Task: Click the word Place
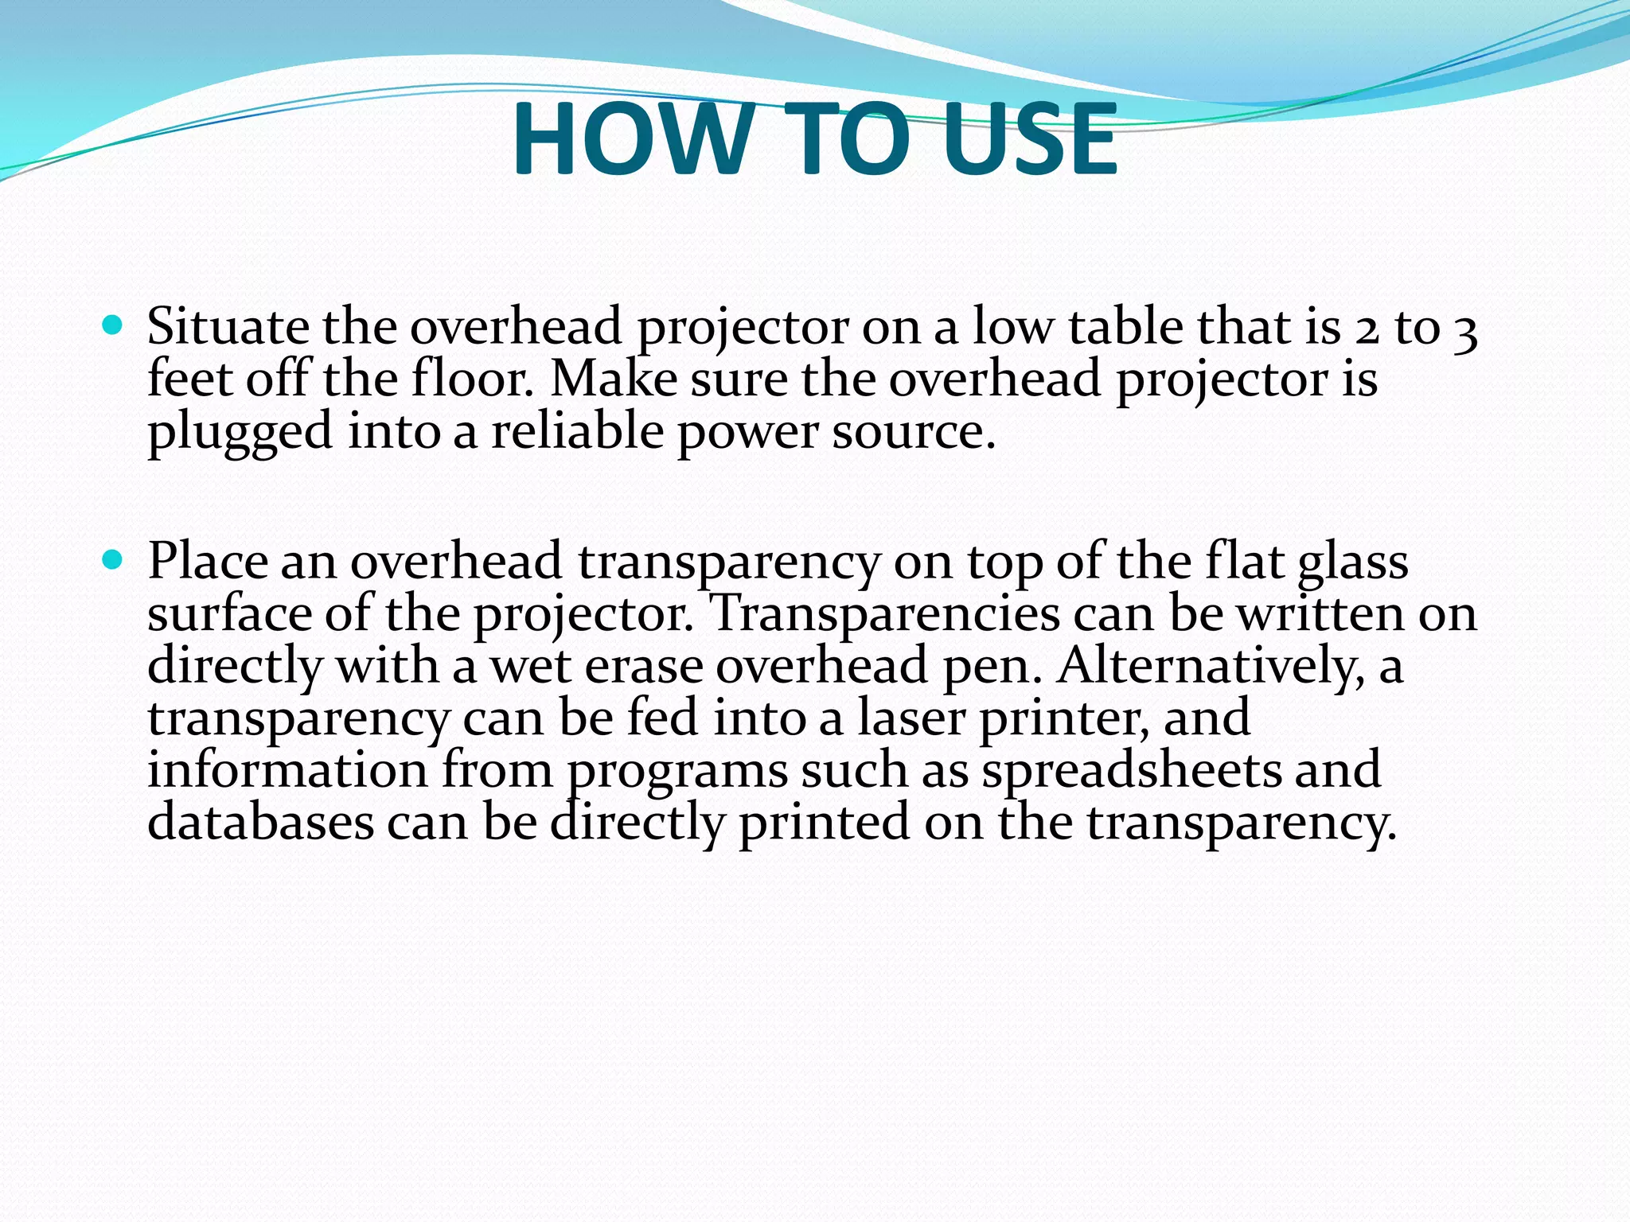click(x=208, y=562)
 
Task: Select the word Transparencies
click(x=883, y=615)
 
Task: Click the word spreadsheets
click(x=1131, y=772)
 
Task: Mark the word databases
click(x=260, y=823)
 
